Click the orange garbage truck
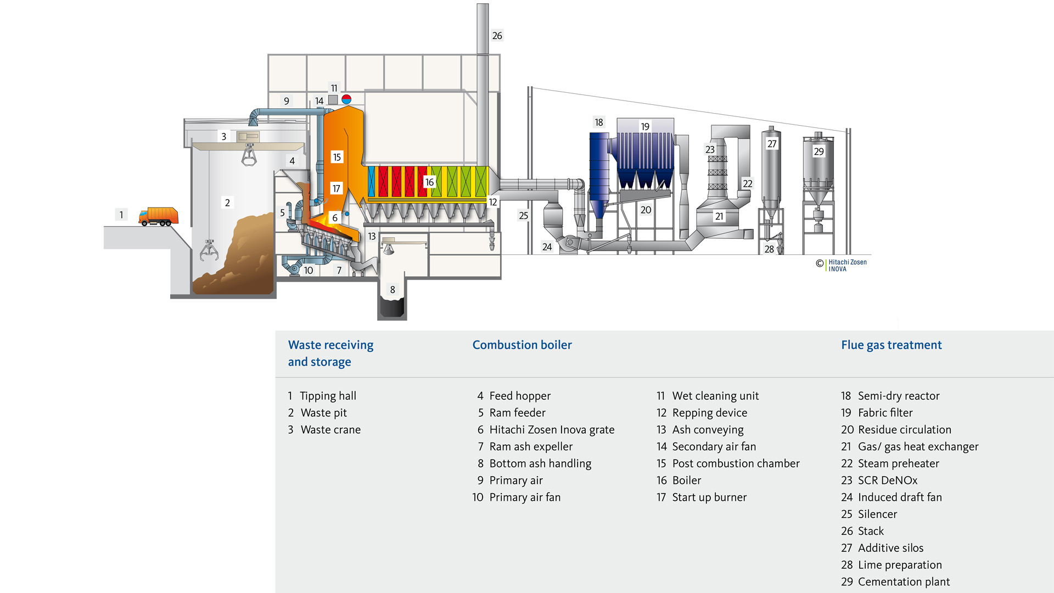(159, 216)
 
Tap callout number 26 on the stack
(497, 36)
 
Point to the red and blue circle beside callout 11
(346, 99)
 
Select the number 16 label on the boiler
(429, 182)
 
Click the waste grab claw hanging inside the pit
(209, 250)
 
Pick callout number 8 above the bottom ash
(393, 289)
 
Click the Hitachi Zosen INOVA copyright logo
(842, 265)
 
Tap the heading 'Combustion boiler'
(522, 345)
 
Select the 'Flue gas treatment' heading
(891, 345)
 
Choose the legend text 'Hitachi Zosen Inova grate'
(552, 430)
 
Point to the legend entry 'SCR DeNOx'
(887, 480)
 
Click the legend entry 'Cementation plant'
(904, 582)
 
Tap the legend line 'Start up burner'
(709, 497)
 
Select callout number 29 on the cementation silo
(818, 152)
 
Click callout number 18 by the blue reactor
(599, 122)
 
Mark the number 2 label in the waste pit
(227, 203)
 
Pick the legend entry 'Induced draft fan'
(900, 497)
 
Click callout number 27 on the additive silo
(772, 144)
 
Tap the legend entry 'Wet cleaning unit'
(715, 396)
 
